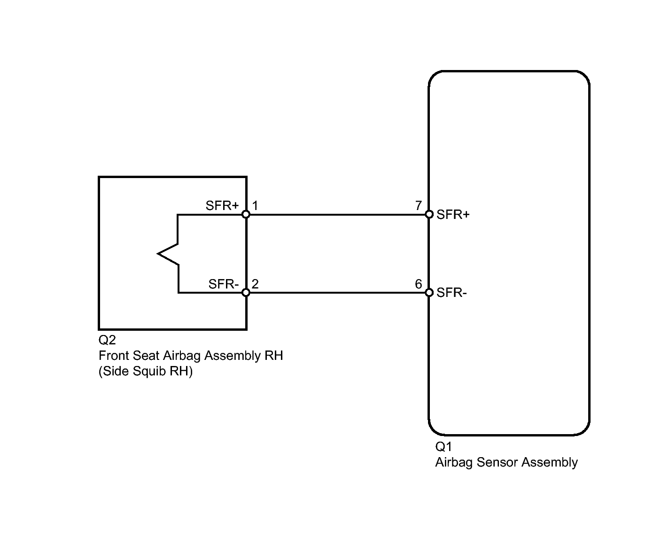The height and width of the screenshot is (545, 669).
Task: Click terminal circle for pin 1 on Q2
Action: [246, 214]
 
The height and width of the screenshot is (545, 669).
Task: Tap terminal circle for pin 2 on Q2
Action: [246, 292]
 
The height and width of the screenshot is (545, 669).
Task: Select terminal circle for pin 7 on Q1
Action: [429, 214]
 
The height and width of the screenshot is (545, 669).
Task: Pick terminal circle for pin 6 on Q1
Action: [429, 292]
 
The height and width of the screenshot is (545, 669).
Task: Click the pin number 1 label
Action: [255, 206]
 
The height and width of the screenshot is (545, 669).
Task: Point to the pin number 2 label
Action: [255, 284]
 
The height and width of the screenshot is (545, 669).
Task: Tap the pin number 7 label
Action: [419, 206]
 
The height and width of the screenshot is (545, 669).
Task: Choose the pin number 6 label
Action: [419, 284]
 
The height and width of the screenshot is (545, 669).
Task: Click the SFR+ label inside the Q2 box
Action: [222, 206]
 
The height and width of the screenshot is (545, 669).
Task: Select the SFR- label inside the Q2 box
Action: [224, 284]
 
